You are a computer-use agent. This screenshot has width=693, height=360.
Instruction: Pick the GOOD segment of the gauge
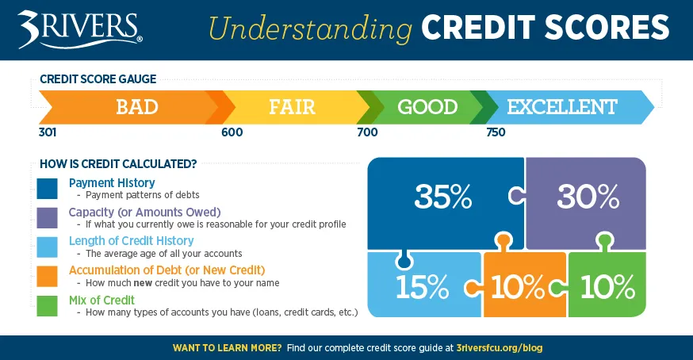(427, 107)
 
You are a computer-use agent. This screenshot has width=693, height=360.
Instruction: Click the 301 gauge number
(48, 132)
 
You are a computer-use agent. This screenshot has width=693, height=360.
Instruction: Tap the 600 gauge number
(232, 132)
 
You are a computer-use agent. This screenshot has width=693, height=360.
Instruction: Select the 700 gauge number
(368, 132)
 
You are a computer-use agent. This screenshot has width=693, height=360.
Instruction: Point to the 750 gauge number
(496, 132)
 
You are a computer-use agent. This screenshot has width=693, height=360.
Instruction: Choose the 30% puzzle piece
(587, 197)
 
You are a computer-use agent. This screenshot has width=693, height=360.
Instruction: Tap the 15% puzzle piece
(412, 285)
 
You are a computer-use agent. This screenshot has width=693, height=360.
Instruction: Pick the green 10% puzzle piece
(607, 285)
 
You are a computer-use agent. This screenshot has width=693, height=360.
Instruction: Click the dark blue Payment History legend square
(47, 189)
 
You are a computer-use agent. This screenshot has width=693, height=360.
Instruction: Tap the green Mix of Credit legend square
(47, 305)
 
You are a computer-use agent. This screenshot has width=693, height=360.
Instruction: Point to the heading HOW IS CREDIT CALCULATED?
(118, 164)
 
